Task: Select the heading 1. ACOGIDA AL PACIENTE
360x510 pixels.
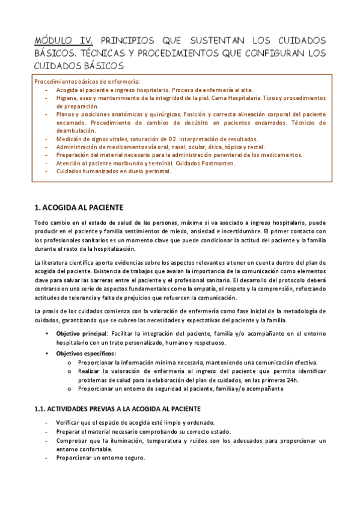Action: [x=79, y=207]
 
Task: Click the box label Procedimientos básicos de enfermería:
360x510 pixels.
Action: [x=87, y=81]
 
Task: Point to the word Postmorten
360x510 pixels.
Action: [x=216, y=163]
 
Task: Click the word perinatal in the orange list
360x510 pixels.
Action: [x=157, y=171]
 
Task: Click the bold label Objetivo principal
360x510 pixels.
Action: [x=82, y=333]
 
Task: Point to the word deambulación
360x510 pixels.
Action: [x=76, y=130]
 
